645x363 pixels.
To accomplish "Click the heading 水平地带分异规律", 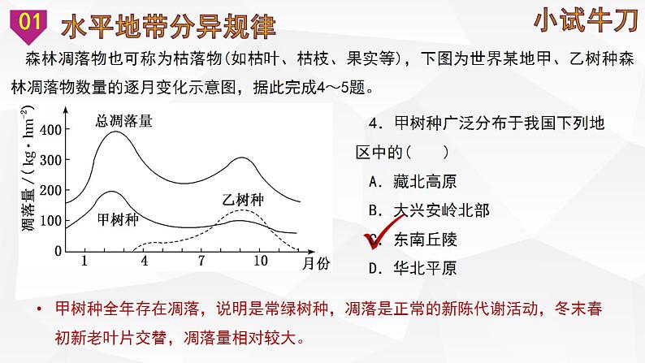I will pyautogui.click(x=168, y=25).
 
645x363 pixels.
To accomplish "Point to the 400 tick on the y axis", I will pyautogui.click(x=50, y=130).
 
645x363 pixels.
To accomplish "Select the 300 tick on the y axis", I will pyautogui.click(x=50, y=161).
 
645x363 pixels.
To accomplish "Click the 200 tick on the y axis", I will pyautogui.click(x=50, y=190).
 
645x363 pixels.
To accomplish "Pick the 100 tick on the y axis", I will pyautogui.click(x=50, y=220).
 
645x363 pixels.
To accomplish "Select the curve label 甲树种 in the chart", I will pyautogui.click(x=118, y=218).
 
